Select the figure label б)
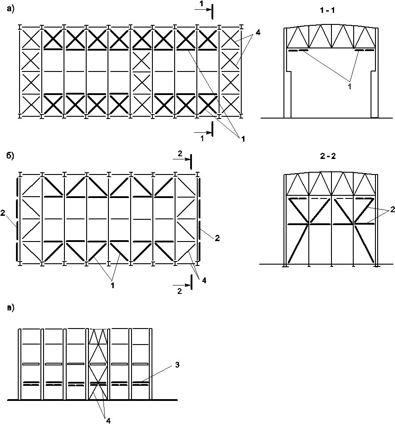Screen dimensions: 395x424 (x=11, y=156)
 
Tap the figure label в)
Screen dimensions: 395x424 (x=11, y=308)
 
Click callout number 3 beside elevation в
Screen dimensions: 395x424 (x=177, y=365)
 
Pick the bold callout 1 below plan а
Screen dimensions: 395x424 (x=243, y=139)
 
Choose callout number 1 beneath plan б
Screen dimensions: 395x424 (x=112, y=285)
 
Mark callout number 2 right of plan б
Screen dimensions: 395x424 (x=217, y=238)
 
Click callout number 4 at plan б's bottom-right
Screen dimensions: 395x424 (x=204, y=280)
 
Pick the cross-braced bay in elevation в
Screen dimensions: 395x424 (x=98, y=364)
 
